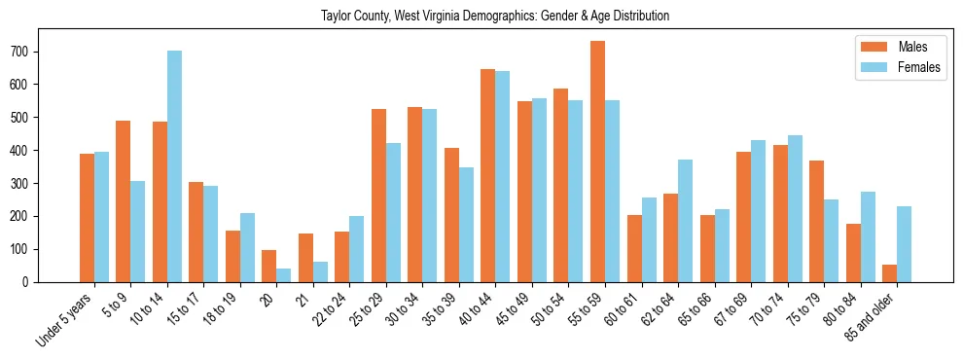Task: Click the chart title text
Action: tap(495, 17)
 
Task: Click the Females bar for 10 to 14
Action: tap(174, 166)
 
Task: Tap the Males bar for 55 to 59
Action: tap(597, 162)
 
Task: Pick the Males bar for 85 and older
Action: tap(889, 273)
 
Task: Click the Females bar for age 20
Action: tap(284, 275)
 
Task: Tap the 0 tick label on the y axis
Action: tap(31, 282)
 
